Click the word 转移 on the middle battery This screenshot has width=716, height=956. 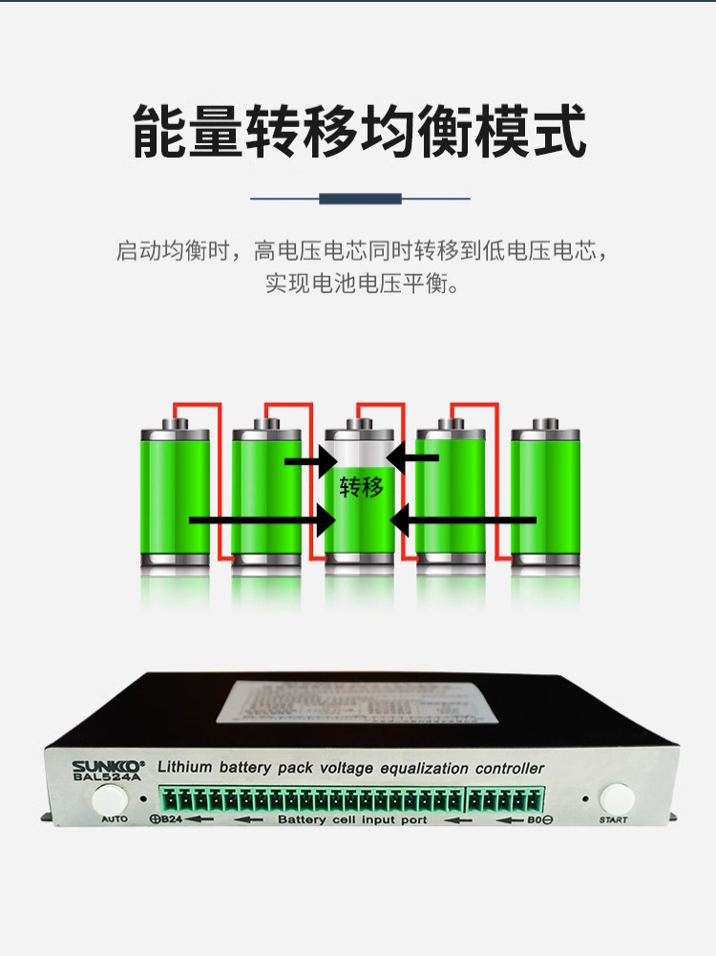point(361,488)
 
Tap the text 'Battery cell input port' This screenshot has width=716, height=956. point(351,819)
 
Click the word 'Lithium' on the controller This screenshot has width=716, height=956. point(184,767)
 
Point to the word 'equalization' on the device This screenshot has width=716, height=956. point(425,768)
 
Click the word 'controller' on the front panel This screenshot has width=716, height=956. point(510,768)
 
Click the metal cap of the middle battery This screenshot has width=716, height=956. point(359,423)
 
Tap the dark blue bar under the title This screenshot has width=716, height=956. point(360,199)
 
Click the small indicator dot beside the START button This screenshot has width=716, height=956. point(585,797)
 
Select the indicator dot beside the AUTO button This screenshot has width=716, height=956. point(143,798)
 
